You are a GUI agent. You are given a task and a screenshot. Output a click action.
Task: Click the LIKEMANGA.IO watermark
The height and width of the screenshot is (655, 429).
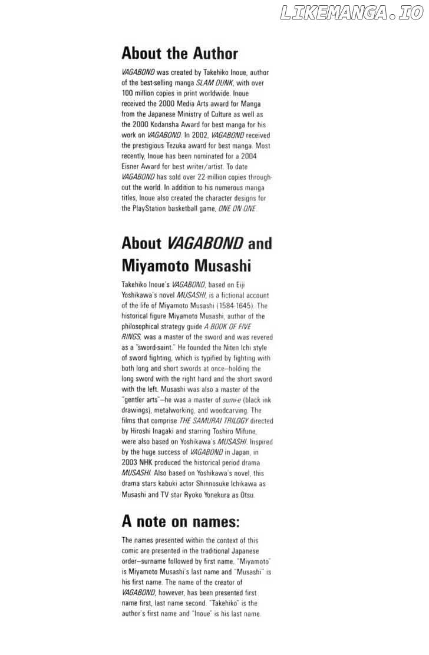pos(352,12)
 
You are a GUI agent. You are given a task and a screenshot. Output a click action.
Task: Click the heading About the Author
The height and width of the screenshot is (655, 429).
pos(180,54)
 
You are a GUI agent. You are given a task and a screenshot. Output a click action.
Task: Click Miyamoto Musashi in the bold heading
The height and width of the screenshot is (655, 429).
pos(186,266)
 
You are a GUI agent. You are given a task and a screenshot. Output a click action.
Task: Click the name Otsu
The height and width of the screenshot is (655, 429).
pos(246,495)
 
